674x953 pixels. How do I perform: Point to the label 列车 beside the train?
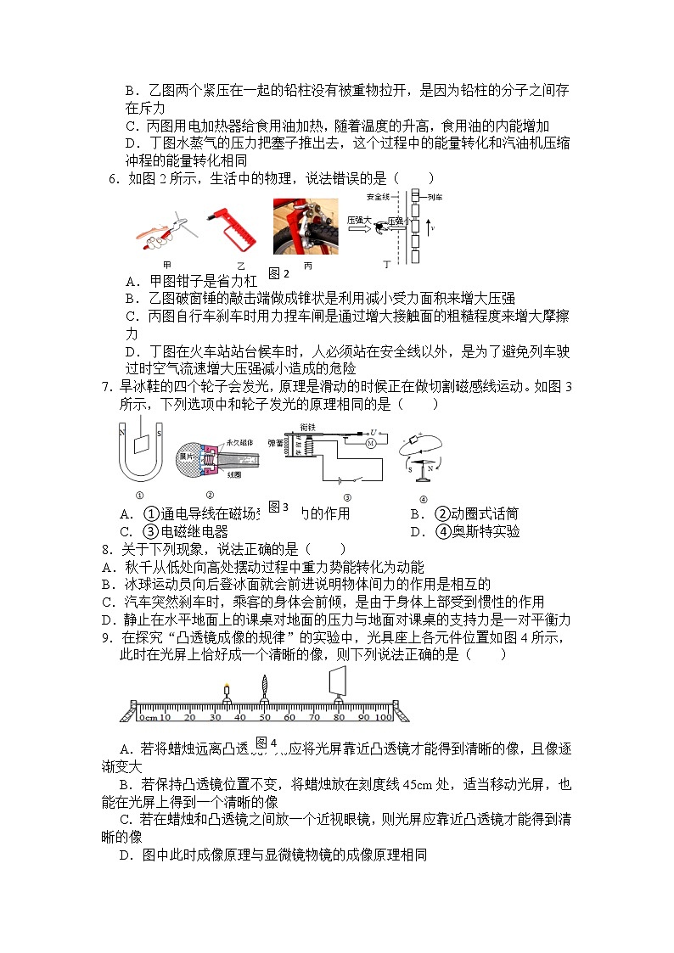[x=435, y=197]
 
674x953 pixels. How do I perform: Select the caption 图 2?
[x=279, y=273]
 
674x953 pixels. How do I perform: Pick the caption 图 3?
[x=278, y=507]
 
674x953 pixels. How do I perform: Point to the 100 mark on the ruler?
[x=384, y=718]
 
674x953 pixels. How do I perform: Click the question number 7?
[x=107, y=388]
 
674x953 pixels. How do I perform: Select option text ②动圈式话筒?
[x=476, y=513]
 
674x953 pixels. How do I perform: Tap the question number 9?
[x=107, y=637]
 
